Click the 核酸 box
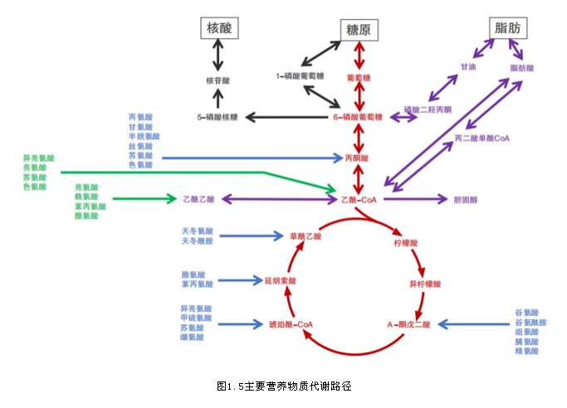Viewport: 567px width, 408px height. [x=218, y=28]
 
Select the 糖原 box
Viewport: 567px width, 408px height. [x=357, y=30]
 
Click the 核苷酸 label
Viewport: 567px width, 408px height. [x=218, y=80]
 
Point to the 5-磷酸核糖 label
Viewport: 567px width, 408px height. [x=218, y=117]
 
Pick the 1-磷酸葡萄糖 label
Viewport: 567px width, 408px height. [x=300, y=76]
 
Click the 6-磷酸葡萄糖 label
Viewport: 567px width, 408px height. [x=358, y=117]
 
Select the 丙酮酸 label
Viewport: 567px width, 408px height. [x=357, y=157]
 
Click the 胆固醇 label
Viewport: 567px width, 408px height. [x=467, y=199]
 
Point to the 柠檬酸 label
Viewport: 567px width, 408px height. [x=406, y=244]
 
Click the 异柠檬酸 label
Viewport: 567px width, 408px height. [x=425, y=284]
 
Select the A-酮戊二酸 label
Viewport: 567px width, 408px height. [x=408, y=323]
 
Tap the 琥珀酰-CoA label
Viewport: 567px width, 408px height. [x=291, y=323]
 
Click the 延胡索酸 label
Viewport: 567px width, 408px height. [x=280, y=280]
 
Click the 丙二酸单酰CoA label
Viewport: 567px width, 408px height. [x=481, y=138]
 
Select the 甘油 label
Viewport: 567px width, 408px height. [x=467, y=66]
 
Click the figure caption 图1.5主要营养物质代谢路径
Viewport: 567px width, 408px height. [x=284, y=386]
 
